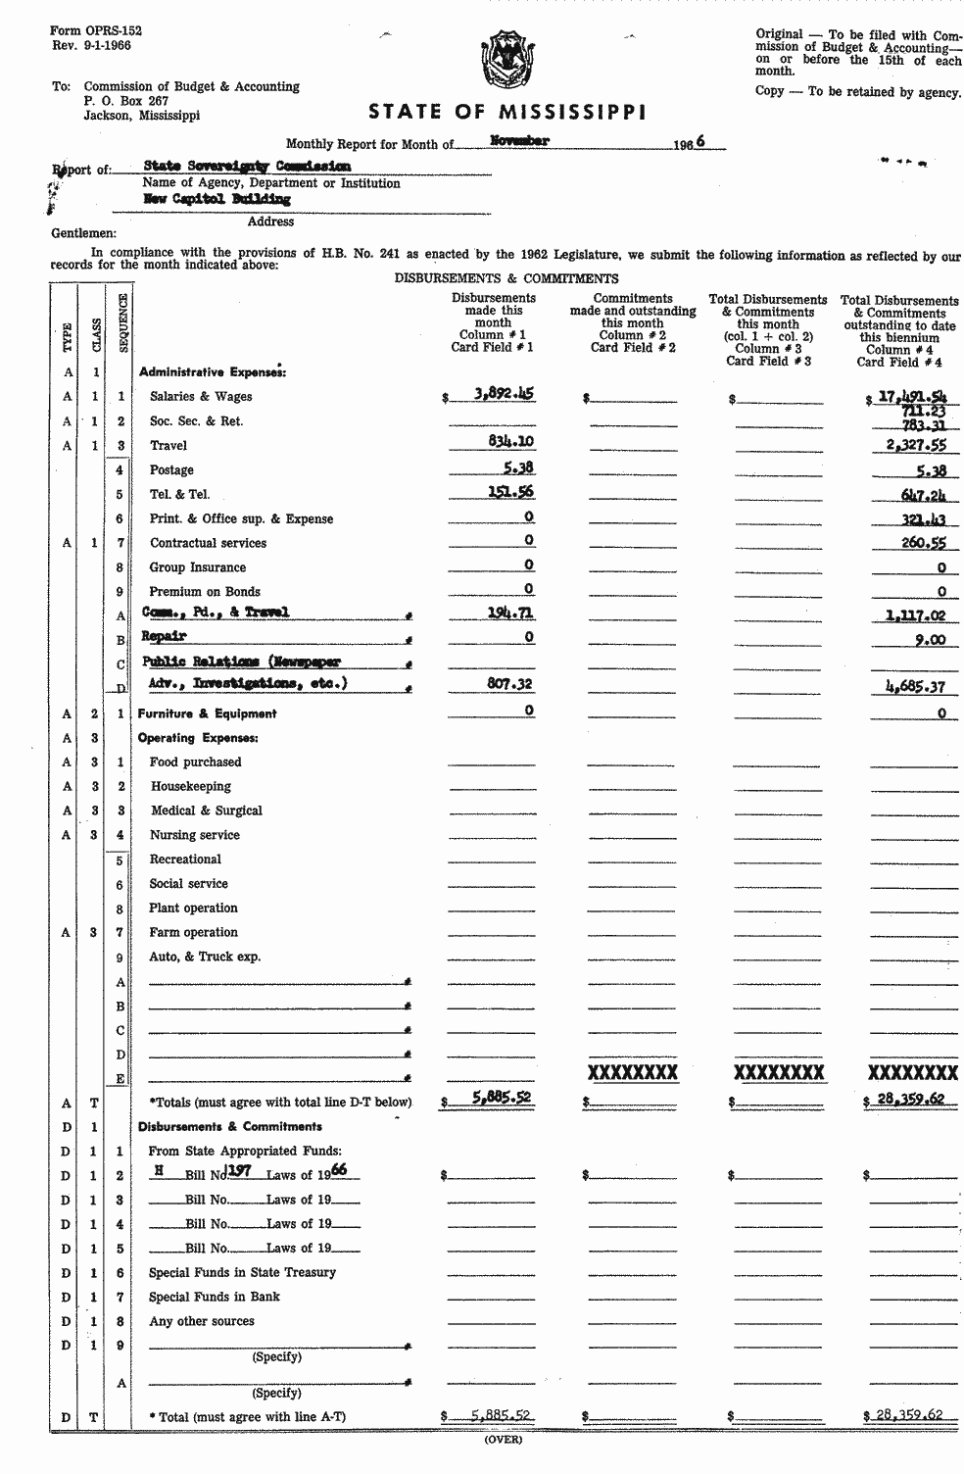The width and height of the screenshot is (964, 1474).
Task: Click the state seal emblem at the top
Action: point(506,60)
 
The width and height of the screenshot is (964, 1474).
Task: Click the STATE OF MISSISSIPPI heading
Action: point(506,112)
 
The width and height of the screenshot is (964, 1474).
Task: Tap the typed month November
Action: point(519,141)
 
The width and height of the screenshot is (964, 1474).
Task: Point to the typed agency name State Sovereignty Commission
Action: point(246,167)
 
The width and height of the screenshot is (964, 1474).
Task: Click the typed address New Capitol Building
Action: point(217,199)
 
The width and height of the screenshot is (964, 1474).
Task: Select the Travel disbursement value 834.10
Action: point(511,442)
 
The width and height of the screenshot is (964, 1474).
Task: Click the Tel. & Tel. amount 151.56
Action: point(511,492)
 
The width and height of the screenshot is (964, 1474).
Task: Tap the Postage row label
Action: point(171,470)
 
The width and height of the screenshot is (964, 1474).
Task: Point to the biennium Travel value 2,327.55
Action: point(910,444)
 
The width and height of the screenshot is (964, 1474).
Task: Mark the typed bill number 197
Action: point(239,1171)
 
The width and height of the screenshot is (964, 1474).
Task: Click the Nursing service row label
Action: point(194,835)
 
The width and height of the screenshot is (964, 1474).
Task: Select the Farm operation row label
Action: point(193,932)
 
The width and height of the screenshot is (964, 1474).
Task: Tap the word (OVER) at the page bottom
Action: point(504,1440)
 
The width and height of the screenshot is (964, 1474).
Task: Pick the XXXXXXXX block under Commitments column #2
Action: point(632,1072)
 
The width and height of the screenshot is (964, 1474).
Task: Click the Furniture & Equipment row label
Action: point(207,714)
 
